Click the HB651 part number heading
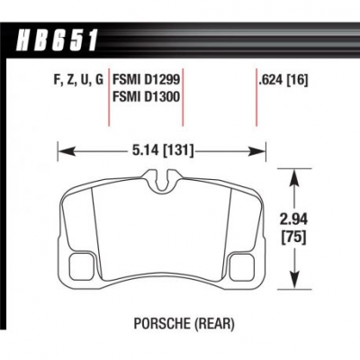tap(58, 40)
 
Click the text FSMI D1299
tap(146, 80)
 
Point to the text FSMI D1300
tap(146, 96)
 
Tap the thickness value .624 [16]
tap(283, 80)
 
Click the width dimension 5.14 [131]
tap(162, 149)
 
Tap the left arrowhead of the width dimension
tap(66, 150)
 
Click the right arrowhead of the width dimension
tap(257, 152)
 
